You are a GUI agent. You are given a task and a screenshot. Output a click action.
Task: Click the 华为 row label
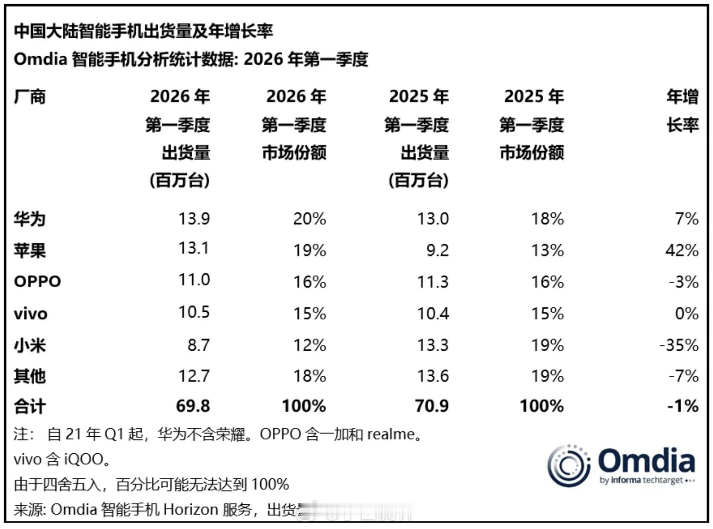(29, 219)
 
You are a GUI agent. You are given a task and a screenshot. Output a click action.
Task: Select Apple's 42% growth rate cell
(682, 250)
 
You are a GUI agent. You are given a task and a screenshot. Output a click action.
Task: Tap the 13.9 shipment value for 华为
(194, 219)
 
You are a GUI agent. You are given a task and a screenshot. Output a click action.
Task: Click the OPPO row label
(37, 282)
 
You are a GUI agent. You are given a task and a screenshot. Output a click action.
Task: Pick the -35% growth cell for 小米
(679, 345)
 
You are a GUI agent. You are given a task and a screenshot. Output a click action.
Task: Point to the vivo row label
(31, 314)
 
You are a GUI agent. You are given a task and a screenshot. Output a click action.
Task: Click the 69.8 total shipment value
(193, 406)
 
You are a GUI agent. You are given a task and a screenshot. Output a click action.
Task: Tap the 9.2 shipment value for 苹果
(437, 250)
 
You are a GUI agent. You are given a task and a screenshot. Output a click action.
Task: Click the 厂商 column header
(30, 97)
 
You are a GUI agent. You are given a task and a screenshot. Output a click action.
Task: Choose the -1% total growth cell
(682, 406)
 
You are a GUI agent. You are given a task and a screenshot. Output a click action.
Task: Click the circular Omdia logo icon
(568, 466)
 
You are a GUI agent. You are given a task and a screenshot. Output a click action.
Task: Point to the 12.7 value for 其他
(194, 376)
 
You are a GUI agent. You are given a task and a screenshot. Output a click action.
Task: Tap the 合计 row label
(29, 407)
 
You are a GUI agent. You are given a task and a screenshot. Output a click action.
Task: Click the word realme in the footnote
(391, 434)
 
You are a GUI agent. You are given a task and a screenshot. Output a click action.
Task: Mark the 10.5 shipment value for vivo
(194, 313)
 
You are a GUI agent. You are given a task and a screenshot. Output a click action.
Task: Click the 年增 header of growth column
(682, 97)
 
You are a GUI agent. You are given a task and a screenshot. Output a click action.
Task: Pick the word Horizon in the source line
(191, 509)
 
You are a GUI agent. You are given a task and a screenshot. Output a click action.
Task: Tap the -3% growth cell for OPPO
(683, 282)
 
